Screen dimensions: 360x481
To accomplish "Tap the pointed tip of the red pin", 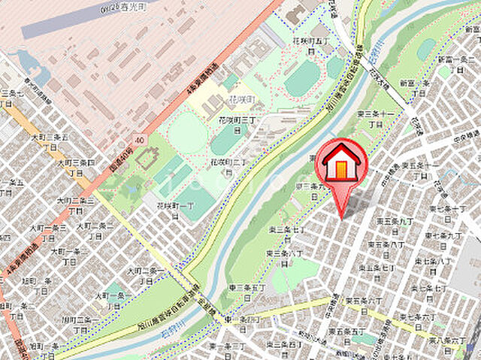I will point(343,218).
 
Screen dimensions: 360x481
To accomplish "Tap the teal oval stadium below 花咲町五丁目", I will point(302,79).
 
